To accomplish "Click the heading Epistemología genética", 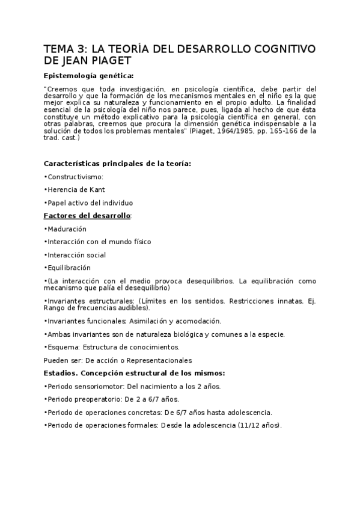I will tap(89, 76).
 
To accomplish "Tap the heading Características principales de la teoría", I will tap(118, 164).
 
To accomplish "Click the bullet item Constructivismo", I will tap(75, 177).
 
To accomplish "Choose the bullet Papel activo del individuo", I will tap(89, 203).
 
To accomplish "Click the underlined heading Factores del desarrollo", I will tap(87, 215).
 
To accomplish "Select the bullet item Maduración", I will tap(67, 229).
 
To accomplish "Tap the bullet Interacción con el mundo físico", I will tap(97, 242).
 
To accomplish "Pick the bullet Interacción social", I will tap(76, 255).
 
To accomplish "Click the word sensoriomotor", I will tap(100, 386).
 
